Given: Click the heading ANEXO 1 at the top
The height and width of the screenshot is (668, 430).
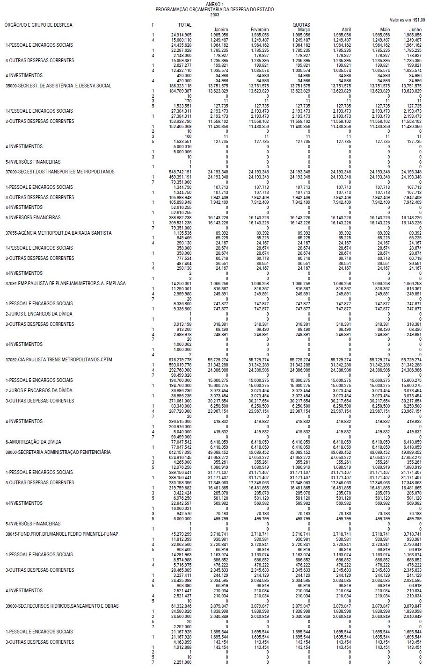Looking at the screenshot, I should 215,4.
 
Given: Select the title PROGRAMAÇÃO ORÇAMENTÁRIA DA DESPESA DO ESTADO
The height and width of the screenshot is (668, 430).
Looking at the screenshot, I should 215,9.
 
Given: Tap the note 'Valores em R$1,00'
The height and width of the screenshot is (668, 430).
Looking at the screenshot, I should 407,20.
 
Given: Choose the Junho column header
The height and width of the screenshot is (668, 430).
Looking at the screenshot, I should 415,30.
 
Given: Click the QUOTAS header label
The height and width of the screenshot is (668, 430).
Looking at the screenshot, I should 301,25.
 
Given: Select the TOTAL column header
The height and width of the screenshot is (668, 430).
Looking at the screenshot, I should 185,25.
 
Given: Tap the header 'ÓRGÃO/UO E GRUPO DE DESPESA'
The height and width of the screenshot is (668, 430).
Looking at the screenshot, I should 38,25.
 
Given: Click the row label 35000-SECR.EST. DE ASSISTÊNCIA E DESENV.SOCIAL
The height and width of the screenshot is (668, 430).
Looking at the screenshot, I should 58,86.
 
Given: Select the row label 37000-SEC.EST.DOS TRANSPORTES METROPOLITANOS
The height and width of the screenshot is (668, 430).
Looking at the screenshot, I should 59,172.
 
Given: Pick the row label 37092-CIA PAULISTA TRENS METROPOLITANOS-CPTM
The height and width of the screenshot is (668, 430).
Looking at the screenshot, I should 58,360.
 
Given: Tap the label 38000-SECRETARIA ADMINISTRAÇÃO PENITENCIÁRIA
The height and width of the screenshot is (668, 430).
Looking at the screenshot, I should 58,452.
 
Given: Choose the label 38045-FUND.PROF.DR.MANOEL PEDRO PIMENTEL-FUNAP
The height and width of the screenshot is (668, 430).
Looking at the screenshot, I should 61,534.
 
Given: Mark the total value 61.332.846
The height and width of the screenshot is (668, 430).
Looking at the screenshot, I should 181,606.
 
